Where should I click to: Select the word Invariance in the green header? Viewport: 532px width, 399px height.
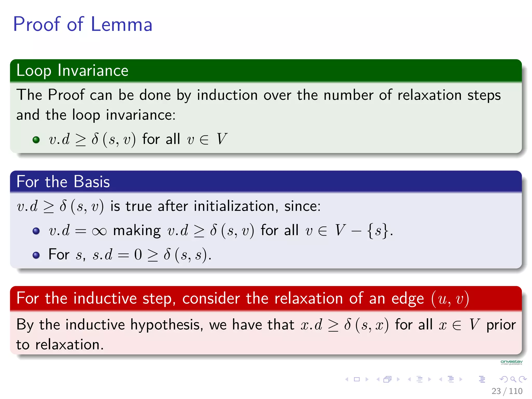(x=93, y=70)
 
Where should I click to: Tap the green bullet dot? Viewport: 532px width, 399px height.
(x=36, y=139)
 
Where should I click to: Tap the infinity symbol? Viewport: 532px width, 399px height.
(x=99, y=231)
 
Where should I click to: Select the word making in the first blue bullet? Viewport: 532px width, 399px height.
(x=137, y=231)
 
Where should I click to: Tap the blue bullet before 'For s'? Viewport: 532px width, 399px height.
(x=36, y=255)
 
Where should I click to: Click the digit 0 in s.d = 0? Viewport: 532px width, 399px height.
(x=138, y=255)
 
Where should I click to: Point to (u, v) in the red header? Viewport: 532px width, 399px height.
(x=450, y=299)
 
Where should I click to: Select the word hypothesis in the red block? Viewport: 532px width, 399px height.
(x=166, y=325)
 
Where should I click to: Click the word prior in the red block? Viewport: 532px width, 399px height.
(x=501, y=325)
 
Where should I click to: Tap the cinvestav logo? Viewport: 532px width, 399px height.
(x=511, y=362)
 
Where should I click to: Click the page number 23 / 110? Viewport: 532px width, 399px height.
(x=507, y=391)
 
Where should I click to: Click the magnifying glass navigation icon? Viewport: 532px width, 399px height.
(x=513, y=379)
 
